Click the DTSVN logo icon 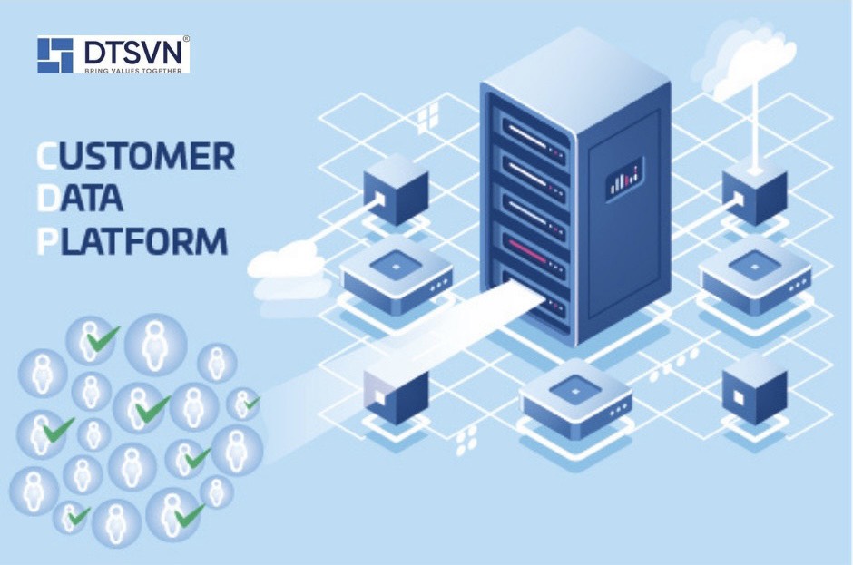coord(55,54)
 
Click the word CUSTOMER coord(136,156)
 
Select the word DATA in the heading coord(81,198)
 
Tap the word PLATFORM coord(132,240)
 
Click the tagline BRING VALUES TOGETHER coord(134,69)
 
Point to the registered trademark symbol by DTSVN coord(186,40)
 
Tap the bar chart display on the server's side coord(624,178)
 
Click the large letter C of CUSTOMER coord(46,156)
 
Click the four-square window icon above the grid coord(426,116)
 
